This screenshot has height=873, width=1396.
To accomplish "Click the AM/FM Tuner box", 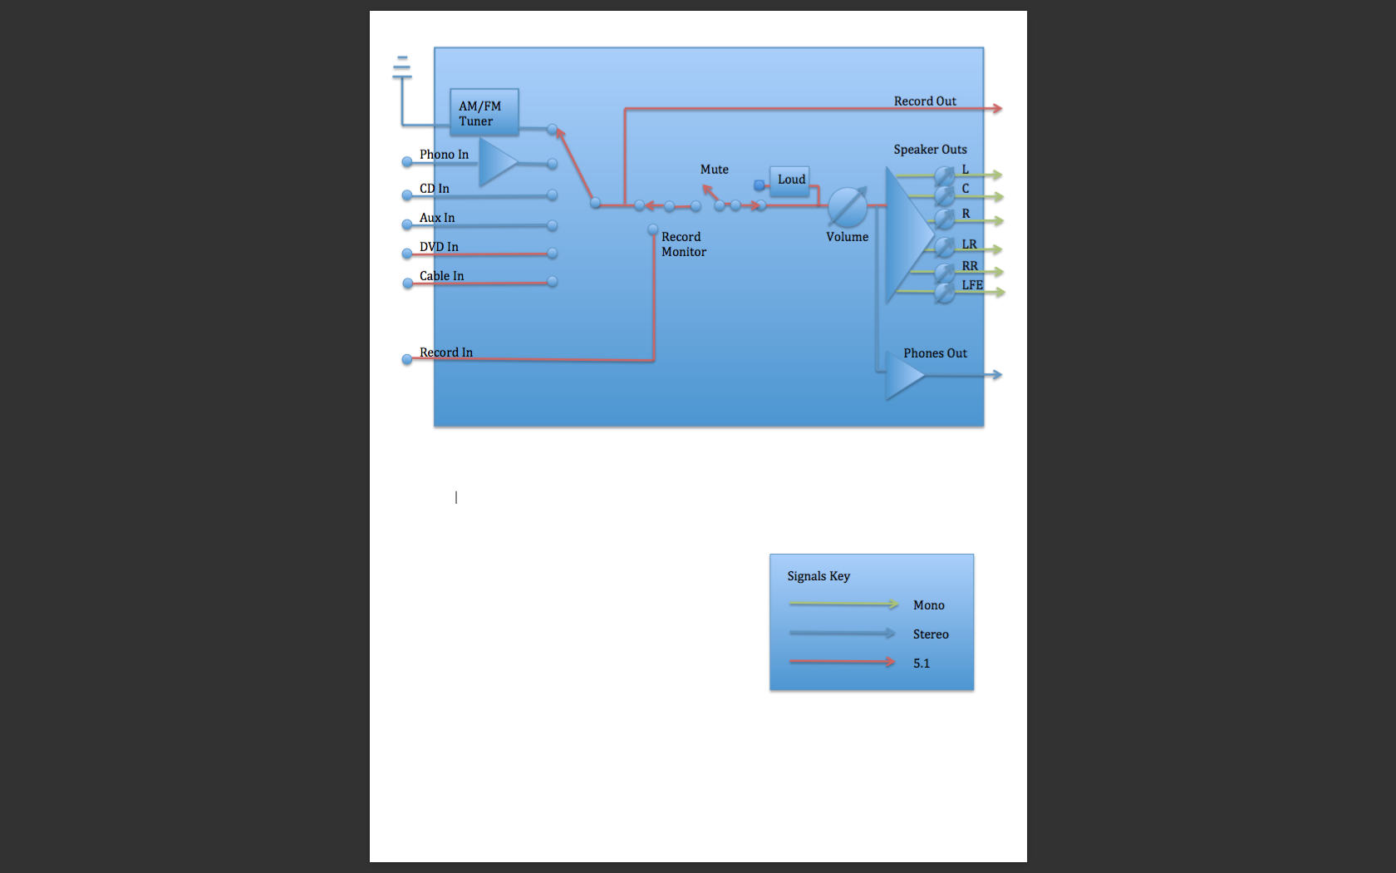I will coord(484,112).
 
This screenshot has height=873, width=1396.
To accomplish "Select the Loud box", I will coord(790,180).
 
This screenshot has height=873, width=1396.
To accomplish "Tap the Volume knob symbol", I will coord(847,207).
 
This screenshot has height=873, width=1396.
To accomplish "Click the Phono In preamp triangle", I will coord(496,162).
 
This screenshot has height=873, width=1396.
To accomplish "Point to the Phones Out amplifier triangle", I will coord(902,375).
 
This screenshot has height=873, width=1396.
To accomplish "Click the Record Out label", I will coord(924,101).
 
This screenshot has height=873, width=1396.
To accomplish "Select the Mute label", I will coord(714,170).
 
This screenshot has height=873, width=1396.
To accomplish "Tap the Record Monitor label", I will coord(683,244).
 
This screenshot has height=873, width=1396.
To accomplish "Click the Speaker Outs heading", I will coord(930,150).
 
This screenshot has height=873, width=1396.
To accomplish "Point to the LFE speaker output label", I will coord(971,285).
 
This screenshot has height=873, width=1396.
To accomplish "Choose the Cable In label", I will coord(441,276).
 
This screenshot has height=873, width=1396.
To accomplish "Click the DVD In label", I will coord(439,247).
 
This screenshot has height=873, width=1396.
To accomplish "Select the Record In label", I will coord(445,353).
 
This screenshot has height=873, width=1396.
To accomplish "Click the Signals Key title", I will coord(818,576).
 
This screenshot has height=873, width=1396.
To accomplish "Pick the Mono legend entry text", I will coord(928,605).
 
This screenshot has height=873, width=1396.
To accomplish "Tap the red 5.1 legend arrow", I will coord(842,663).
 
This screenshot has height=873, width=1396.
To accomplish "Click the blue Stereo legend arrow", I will coord(842,634).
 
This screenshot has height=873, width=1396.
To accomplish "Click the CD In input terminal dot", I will coord(407,195).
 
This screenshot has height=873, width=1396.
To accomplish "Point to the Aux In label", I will coord(437,218).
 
